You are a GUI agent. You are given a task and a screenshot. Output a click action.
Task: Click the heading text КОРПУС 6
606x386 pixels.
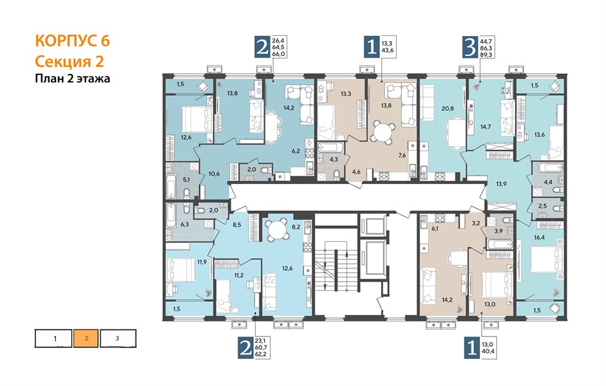point(72,41)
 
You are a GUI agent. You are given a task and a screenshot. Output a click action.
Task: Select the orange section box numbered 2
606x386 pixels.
point(86,338)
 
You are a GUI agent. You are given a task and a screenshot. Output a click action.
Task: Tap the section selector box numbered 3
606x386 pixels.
point(118,338)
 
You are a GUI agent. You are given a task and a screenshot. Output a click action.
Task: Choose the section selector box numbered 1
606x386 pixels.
point(53,338)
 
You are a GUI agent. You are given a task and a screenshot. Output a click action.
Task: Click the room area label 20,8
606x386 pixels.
point(448,109)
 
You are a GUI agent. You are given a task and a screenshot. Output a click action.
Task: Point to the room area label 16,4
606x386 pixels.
point(539,237)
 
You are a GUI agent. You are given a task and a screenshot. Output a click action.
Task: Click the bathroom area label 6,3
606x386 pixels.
point(185,223)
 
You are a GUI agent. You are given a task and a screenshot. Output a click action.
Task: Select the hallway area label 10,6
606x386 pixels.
point(214,174)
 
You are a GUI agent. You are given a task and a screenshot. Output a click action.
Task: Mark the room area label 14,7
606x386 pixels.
point(486,126)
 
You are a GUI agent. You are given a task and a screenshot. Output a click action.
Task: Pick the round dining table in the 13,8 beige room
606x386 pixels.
point(382,134)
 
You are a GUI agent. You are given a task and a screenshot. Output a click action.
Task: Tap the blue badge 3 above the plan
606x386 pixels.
point(469,47)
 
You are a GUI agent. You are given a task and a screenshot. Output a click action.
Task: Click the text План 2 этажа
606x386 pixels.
point(72,78)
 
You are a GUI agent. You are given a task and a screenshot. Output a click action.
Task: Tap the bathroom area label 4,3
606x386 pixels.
point(334,159)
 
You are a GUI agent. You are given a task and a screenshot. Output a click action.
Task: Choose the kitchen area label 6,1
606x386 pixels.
point(435,228)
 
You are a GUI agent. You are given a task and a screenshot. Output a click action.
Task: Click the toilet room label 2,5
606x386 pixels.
point(543,206)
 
